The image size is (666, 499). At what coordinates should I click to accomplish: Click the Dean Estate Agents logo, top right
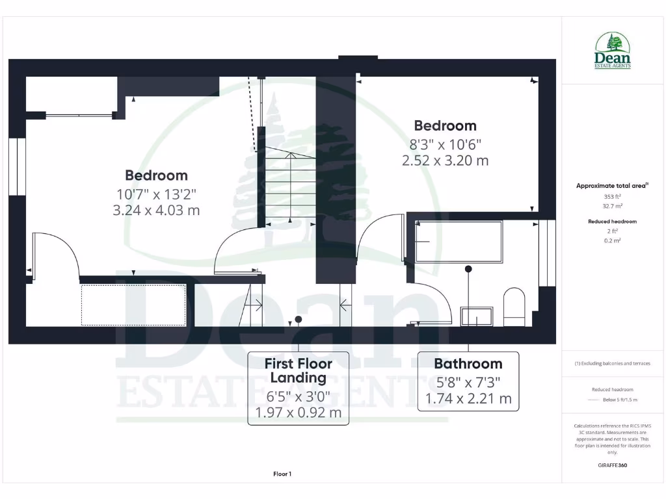click(613, 51)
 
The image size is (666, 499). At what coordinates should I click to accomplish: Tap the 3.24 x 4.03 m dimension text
click(156, 211)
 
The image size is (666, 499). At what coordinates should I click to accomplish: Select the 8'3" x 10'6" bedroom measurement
click(445, 144)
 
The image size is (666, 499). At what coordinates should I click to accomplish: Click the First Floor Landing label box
click(299, 388)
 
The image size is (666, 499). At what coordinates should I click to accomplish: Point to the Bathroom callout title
click(468, 364)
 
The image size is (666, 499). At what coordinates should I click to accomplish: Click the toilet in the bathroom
click(514, 307)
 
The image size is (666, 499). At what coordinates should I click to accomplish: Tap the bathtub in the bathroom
click(459, 242)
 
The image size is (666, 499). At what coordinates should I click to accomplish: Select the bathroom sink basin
click(477, 316)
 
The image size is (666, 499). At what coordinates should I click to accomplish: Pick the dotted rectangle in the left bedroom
click(133, 304)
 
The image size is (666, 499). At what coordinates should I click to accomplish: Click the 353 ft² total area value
click(613, 196)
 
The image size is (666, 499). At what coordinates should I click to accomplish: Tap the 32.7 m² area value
click(613, 205)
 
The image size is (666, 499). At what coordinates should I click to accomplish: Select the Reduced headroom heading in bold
click(613, 222)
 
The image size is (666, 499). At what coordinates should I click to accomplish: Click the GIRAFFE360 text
click(613, 465)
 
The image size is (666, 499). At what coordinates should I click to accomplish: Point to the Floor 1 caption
click(282, 474)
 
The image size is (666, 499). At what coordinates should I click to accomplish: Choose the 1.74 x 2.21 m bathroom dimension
click(468, 398)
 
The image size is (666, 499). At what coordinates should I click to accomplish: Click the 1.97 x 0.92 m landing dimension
click(299, 413)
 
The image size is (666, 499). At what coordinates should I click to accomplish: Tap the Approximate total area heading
click(611, 186)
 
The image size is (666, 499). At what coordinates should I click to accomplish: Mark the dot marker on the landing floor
click(299, 319)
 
